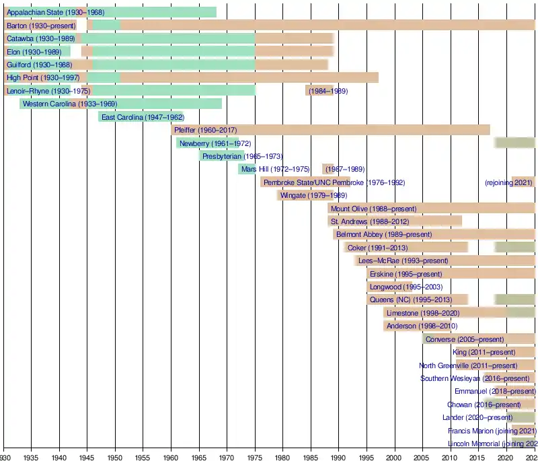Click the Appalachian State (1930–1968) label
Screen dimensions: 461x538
55,12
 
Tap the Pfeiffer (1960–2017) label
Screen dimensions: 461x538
205,130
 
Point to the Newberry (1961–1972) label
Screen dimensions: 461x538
206,143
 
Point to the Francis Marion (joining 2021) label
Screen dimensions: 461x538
492,431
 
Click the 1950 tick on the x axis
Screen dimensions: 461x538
115,455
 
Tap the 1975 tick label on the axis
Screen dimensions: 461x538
255,455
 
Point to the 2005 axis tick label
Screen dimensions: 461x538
423,455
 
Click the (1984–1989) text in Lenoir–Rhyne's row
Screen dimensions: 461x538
328,91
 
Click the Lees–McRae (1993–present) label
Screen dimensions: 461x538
403,260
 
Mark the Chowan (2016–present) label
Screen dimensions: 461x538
484,404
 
